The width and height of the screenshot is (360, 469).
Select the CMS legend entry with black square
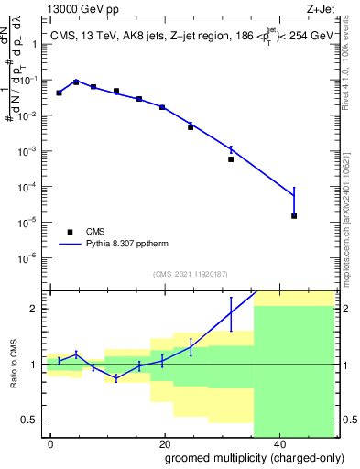tap(71, 232)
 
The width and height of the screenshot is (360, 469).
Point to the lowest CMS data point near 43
tap(294, 216)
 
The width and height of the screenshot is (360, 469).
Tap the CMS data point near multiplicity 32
tap(231, 159)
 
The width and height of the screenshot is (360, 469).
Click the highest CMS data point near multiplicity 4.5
tap(76, 82)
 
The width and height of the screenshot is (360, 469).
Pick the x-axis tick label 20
tap(164, 442)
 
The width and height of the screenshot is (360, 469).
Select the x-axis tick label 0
tap(50, 442)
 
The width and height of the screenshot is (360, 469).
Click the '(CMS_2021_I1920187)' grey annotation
tap(190, 275)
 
